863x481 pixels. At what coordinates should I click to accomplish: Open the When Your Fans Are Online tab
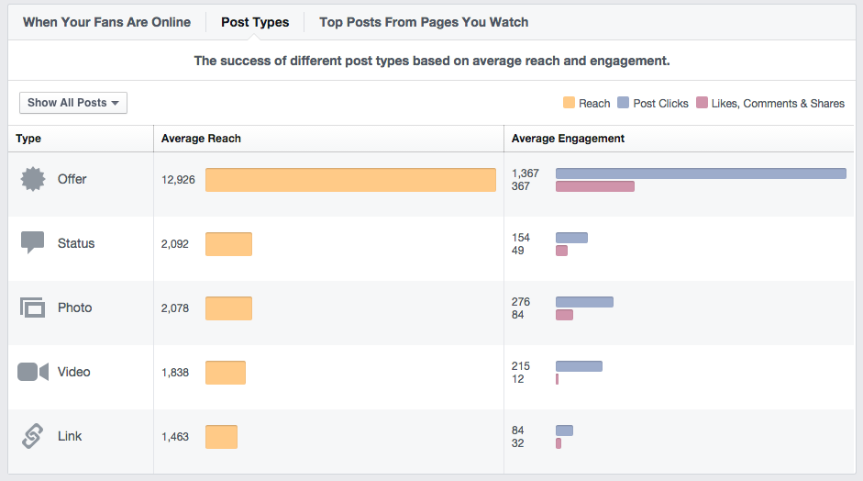coord(106,22)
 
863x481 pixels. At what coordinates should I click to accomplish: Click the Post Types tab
coord(255,22)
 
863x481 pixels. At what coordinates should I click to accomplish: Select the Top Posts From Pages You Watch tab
coord(424,22)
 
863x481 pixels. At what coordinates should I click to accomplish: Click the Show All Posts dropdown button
coord(73,103)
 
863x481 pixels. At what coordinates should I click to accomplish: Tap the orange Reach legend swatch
coord(569,104)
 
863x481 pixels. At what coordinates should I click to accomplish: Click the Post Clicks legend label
coord(660,104)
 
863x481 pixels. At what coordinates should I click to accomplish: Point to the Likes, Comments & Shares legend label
coord(778,104)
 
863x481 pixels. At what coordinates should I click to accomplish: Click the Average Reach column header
coord(201,139)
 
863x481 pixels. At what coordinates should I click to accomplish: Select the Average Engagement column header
coord(568,139)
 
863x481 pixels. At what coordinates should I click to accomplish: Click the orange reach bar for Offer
coord(350,180)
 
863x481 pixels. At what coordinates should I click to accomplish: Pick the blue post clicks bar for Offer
coord(701,173)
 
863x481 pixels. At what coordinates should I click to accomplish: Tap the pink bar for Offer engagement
coord(594,186)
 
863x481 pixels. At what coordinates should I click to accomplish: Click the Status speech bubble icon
coord(33,243)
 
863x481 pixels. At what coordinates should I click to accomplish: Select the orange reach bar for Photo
coord(228,308)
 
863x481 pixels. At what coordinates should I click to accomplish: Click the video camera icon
coord(33,372)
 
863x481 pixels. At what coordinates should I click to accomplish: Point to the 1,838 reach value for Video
coord(175,373)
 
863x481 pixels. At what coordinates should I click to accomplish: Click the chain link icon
coord(33,436)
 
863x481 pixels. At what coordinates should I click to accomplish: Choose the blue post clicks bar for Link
coord(564,431)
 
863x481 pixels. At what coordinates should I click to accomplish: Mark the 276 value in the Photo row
coord(521,302)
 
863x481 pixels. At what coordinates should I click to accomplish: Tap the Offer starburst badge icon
coord(33,179)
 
